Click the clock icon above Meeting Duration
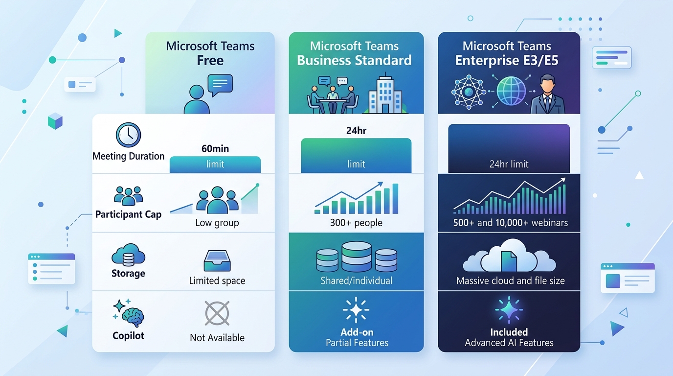click(x=128, y=135)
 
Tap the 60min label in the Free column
click(x=215, y=149)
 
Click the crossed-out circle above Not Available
click(x=217, y=313)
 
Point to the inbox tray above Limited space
click(x=217, y=261)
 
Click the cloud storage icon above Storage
click(x=128, y=255)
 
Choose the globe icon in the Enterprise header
click(x=511, y=91)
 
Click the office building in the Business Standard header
click(x=385, y=94)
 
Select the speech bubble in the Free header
click(x=220, y=85)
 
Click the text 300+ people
click(x=356, y=223)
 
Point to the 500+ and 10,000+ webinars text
click(x=511, y=223)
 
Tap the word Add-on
click(x=357, y=332)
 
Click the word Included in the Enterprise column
click(x=509, y=332)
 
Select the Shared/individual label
click(x=357, y=281)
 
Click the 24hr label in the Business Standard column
click(x=357, y=131)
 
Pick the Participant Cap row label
click(x=128, y=214)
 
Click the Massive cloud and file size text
click(x=511, y=281)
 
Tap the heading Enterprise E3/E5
click(x=507, y=60)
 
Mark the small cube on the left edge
click(x=55, y=121)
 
